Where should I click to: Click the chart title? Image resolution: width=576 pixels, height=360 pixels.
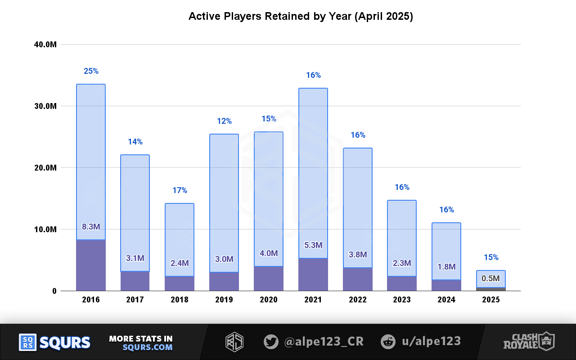[301, 17]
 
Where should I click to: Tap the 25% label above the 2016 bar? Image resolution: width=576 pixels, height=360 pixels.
[91, 71]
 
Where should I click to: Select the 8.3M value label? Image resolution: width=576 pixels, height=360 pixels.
[91, 227]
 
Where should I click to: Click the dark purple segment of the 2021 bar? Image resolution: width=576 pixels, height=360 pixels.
[313, 274]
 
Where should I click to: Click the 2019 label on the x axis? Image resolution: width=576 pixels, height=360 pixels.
[224, 300]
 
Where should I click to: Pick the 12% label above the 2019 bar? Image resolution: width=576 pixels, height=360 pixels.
[224, 121]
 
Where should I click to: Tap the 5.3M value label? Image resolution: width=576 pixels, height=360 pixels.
[313, 245]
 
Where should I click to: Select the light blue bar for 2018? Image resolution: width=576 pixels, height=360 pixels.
[180, 234]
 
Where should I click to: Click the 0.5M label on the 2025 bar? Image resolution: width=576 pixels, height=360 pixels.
[490, 279]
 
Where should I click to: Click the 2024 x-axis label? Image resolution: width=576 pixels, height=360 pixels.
[446, 300]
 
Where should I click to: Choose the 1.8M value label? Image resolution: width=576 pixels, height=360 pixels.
[446, 267]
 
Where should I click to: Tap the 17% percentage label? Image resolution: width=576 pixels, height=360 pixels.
[180, 190]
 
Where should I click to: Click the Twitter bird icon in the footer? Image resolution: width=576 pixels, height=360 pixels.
[271, 342]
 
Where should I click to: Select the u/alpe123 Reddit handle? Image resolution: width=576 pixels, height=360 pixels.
[431, 342]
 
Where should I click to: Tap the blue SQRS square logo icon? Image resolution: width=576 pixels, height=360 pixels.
[27, 342]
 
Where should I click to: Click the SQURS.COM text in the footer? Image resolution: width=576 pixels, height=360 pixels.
[148, 347]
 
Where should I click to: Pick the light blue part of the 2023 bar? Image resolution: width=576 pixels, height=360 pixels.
[402, 234]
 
